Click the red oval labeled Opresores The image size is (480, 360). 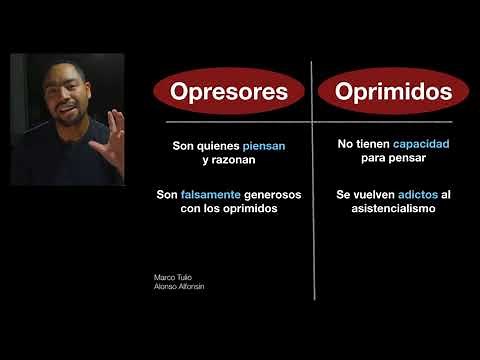click(229, 93)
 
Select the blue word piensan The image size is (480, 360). click(264, 146)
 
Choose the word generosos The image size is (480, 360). click(274, 194)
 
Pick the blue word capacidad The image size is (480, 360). click(420, 145)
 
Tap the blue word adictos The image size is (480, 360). click(418, 194)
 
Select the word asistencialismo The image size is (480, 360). click(393, 209)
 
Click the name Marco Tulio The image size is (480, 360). click(171, 277)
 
